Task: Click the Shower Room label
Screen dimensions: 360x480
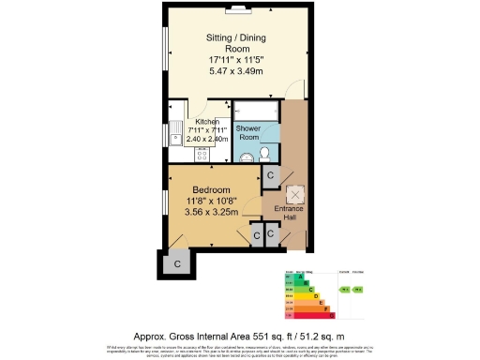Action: tap(247, 132)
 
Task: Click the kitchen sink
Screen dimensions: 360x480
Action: tap(175, 140)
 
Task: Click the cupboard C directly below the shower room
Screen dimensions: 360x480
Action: tap(270, 175)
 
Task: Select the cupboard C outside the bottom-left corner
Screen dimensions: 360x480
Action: tap(177, 264)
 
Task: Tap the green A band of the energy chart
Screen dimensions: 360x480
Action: tap(300, 277)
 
